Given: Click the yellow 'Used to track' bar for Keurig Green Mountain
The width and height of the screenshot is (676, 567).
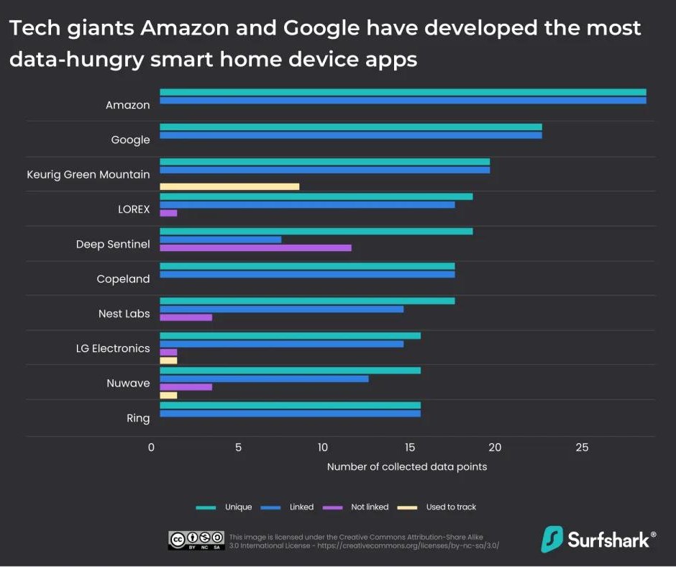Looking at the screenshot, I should coord(229,186).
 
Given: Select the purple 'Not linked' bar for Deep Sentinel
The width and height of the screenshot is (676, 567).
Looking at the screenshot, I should coord(255,248).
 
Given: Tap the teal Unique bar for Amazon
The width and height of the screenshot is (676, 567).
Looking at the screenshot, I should coord(403,92).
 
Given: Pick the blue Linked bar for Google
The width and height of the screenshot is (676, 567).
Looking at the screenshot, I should coord(350,135).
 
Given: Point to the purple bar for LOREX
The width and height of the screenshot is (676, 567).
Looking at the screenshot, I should coord(168,213).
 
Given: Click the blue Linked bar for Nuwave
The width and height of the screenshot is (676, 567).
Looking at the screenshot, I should coord(264,378).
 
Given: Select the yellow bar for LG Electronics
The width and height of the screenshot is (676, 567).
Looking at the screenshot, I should coord(168,360).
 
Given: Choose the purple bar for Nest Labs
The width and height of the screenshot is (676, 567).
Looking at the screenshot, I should coord(186,317).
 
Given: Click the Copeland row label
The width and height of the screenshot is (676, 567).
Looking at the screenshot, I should coord(123,279).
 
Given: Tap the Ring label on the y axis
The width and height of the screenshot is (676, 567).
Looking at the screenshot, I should coord(138,418).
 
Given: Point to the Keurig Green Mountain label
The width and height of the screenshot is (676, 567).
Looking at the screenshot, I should coord(88,174).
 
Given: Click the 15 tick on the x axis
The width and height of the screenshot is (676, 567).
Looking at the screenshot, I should coord(410,448).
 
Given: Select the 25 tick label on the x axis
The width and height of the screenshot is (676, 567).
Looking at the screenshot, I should coord(582,448).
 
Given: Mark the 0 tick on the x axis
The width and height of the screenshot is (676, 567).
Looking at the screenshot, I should coord(152,448).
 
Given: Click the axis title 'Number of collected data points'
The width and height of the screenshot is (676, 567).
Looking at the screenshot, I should coord(407,467).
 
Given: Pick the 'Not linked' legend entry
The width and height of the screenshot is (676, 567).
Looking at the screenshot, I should coord(369,507).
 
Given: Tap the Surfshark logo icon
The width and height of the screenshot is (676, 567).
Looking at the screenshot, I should coord(552,539).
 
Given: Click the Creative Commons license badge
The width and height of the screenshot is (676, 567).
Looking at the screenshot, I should coord(196,540).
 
